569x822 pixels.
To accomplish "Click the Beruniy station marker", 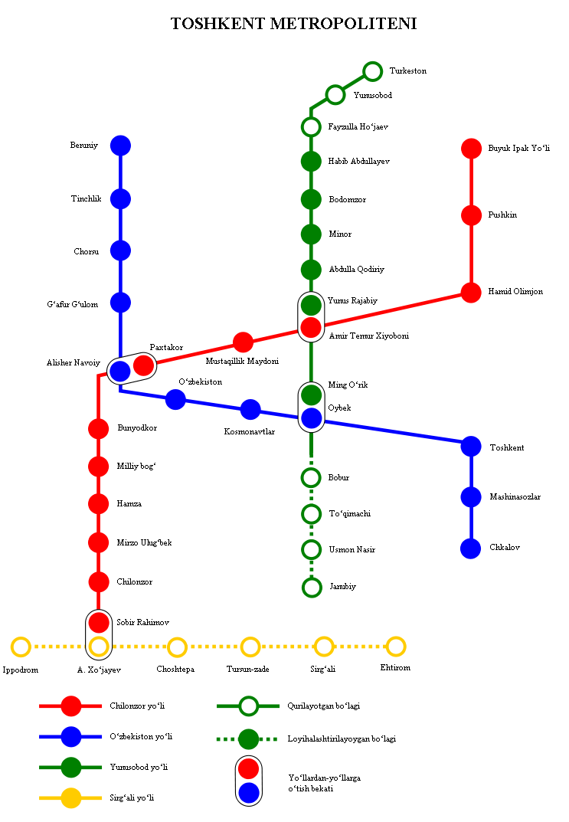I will (x=120, y=145).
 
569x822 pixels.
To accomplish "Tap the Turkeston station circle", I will (x=373, y=71).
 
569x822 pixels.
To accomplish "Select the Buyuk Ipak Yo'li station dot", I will (x=471, y=148).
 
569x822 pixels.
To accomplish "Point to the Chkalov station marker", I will (x=471, y=549).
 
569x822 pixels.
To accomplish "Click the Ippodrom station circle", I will (x=21, y=647).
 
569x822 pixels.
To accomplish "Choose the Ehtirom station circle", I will (x=395, y=647).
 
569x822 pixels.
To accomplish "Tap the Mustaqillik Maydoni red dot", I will (x=243, y=342).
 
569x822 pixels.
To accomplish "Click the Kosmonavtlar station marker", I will (x=250, y=410).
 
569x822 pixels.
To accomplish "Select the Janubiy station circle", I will (x=311, y=587).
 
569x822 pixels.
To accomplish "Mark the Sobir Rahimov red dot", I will (x=98, y=622).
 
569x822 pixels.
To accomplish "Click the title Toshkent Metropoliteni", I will (x=293, y=25).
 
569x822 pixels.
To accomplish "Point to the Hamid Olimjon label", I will (x=515, y=292).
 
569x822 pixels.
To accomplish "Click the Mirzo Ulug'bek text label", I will (x=144, y=542).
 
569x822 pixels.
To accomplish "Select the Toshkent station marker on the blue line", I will (x=471, y=446).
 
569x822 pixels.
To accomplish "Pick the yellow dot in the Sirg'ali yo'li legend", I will (x=70, y=797).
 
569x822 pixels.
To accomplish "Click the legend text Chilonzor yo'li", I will (x=137, y=706).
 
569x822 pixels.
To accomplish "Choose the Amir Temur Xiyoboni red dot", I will (x=311, y=328).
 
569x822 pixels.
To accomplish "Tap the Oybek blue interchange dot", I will (x=311, y=418).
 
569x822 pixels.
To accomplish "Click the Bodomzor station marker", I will (x=311, y=199).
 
